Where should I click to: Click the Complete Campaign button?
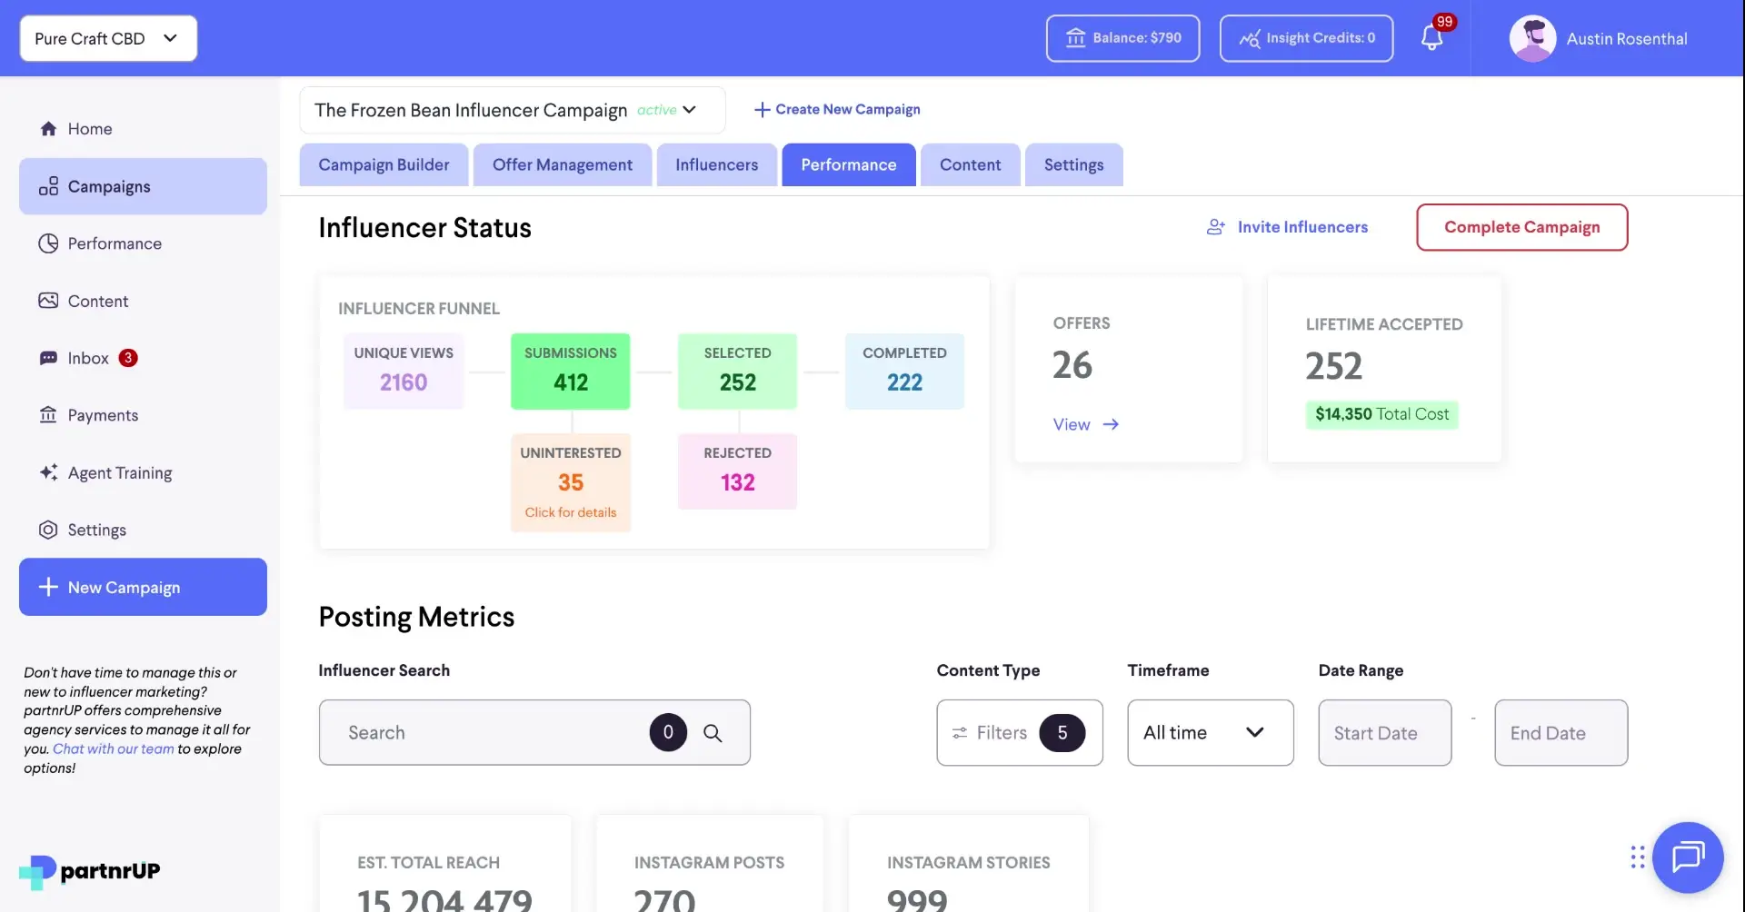(1521, 227)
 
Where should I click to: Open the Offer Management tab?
(562, 164)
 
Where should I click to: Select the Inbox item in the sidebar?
(88, 358)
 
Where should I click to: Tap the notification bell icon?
(1431, 38)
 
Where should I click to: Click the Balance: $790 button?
(1122, 38)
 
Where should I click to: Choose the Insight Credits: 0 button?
(1306, 38)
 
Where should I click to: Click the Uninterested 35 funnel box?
(571, 481)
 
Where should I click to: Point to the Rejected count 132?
(737, 482)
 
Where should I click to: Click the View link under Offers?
(1085, 424)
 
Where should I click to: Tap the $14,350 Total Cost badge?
(1381, 414)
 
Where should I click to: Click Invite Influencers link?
(1287, 227)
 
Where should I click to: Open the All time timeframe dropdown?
(1210, 732)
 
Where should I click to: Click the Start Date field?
(1384, 732)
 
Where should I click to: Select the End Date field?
(1561, 732)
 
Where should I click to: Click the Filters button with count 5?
(1019, 732)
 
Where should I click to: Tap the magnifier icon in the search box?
(713, 733)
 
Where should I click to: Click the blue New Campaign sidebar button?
(143, 587)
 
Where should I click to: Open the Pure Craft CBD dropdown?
(108, 38)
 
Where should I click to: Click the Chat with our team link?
(113, 748)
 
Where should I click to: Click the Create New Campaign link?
(837, 109)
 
